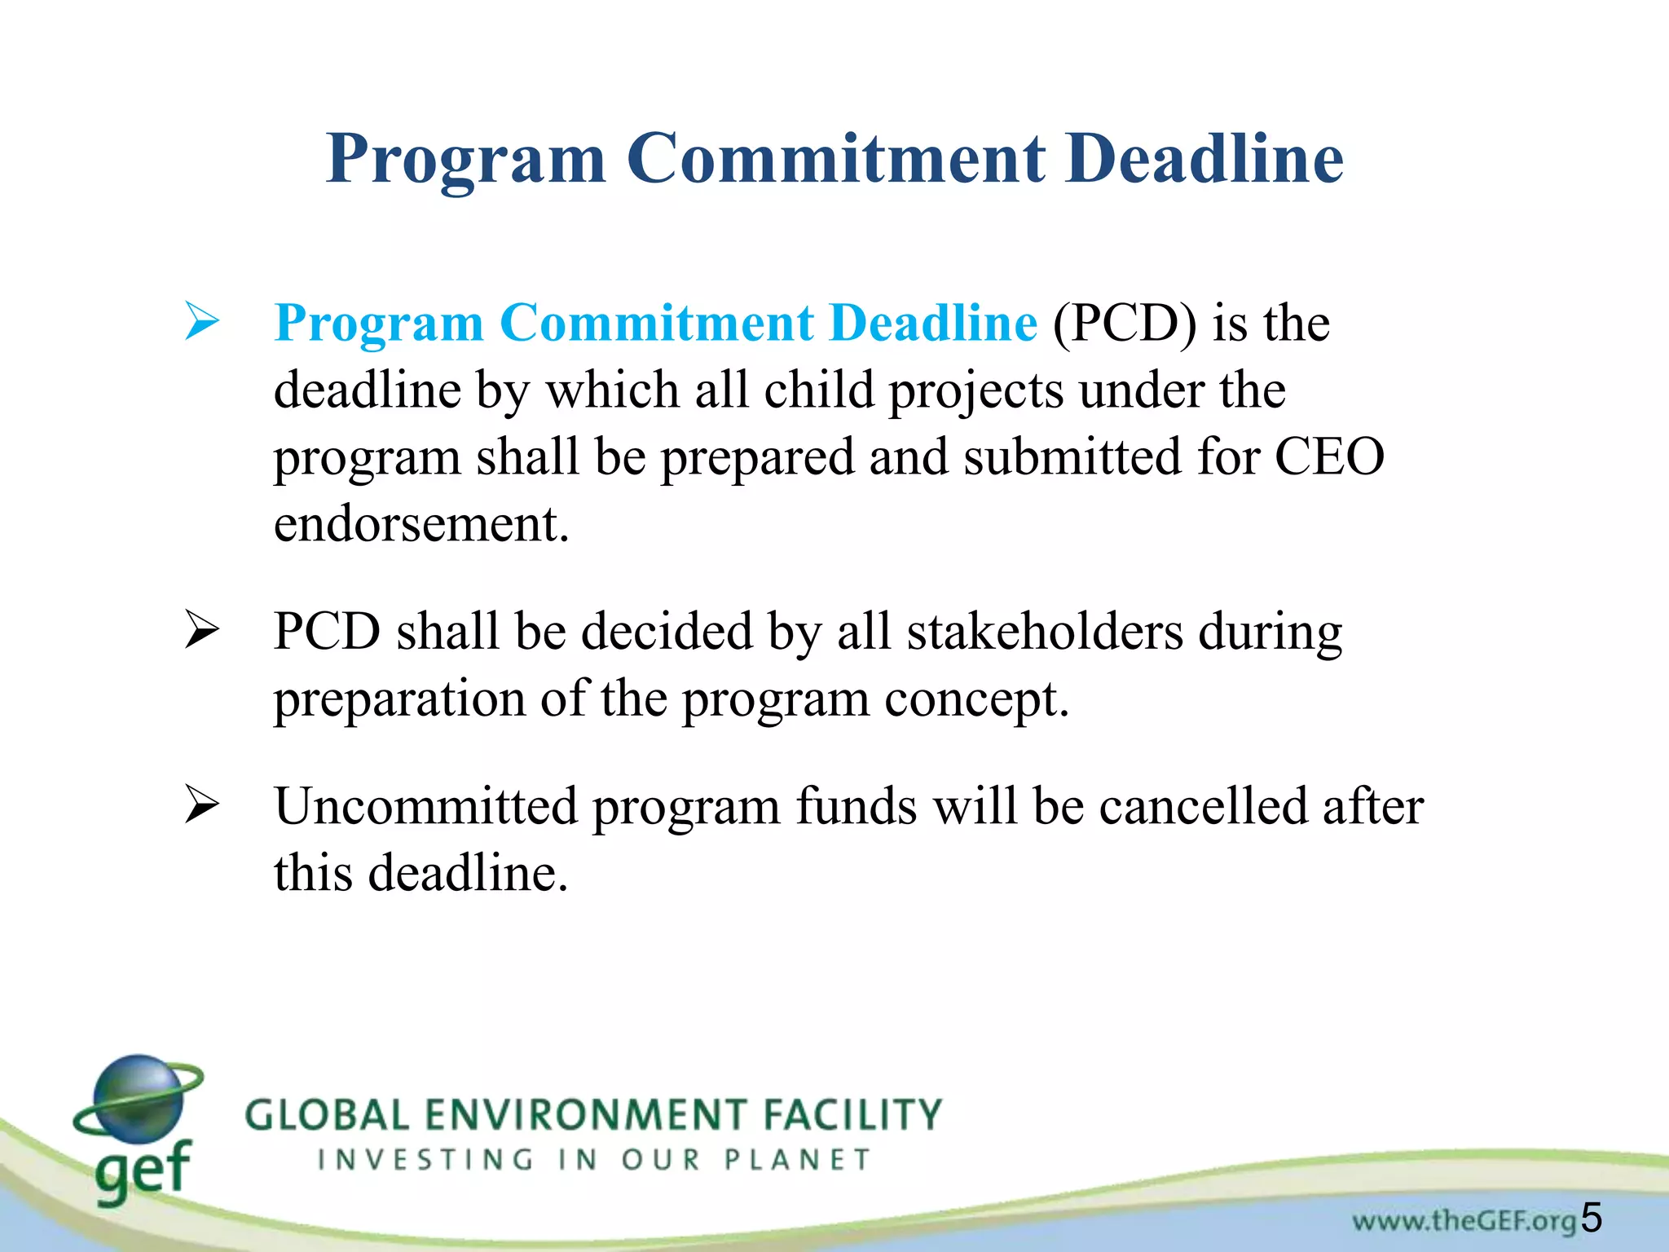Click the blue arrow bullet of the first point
tap(201, 321)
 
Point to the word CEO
tap(1329, 456)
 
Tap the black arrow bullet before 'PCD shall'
tap(201, 630)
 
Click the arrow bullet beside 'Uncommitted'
tap(201, 805)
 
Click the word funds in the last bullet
tap(857, 806)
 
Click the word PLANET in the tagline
tap(798, 1159)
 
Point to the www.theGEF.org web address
tap(1464, 1221)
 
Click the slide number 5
tap(1592, 1218)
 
